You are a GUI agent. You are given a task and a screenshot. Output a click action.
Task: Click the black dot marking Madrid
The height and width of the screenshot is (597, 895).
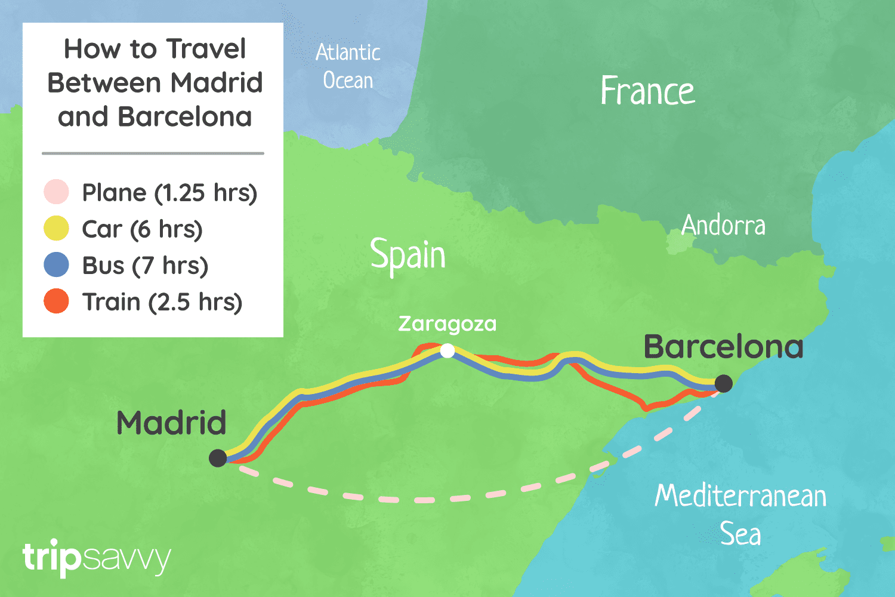218,458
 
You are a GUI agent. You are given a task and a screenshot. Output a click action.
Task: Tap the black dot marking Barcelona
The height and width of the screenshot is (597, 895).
723,383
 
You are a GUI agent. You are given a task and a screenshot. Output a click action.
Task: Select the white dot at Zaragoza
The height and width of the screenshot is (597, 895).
447,351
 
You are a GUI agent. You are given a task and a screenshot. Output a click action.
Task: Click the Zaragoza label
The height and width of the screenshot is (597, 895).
447,324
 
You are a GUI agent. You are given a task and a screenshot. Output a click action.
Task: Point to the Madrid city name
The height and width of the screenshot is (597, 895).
171,423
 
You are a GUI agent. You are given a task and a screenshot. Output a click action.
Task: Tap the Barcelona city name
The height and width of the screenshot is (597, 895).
723,347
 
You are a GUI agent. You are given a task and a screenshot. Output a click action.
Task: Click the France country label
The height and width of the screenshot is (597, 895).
647,91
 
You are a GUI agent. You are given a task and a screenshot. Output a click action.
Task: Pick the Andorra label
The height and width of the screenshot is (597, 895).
723,226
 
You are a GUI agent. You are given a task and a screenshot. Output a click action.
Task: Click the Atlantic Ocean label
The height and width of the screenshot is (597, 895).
348,66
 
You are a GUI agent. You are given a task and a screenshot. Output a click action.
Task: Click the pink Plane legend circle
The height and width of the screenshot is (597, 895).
56,192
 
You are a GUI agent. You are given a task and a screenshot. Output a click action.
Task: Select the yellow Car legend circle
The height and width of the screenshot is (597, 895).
56,229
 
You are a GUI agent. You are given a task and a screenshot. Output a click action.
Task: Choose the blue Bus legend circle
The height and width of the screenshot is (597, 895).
56,265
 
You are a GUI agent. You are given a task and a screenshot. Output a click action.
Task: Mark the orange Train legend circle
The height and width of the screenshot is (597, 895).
56,301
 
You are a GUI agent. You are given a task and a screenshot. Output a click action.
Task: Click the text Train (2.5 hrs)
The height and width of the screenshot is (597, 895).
162,302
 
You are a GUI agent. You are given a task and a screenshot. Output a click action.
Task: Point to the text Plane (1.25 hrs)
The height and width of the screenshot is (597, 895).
169,193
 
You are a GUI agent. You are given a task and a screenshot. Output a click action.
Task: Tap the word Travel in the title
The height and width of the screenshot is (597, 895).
206,49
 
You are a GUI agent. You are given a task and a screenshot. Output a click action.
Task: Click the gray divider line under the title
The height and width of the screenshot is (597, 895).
153,153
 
